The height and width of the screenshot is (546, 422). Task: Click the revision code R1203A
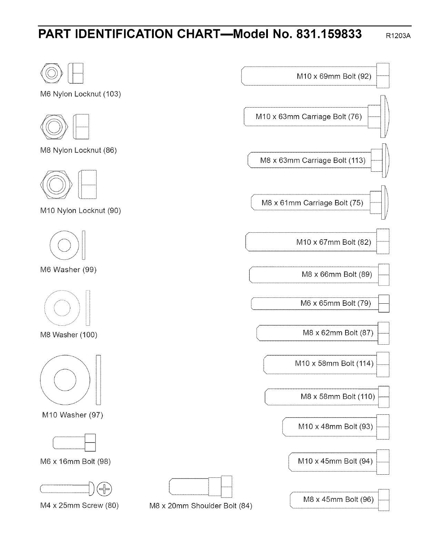[399, 36]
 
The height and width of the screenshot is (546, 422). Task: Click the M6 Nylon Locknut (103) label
[81, 94]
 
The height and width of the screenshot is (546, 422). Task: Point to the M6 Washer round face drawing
[64, 245]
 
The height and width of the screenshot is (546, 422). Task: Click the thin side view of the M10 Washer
[98, 380]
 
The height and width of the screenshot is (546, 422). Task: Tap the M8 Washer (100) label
[69, 335]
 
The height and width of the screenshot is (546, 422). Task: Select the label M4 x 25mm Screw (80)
[79, 506]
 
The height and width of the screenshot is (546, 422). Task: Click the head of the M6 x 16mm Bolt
[90, 443]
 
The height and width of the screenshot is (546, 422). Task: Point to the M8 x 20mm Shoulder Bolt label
[201, 506]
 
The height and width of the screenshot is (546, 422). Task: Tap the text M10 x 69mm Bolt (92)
[334, 76]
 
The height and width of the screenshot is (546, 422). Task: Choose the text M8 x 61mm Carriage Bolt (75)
[312, 203]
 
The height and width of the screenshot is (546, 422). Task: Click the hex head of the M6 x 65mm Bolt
[384, 303]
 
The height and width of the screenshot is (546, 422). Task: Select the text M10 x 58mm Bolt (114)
[334, 363]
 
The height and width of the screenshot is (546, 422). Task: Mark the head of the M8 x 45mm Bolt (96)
[384, 499]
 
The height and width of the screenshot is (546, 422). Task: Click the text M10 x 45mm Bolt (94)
[335, 461]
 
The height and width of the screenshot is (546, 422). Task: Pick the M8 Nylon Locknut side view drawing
[81, 127]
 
